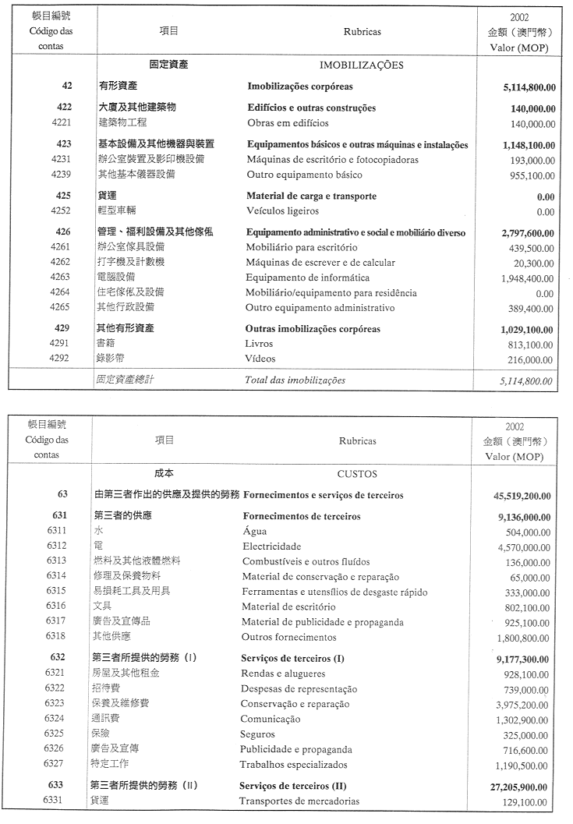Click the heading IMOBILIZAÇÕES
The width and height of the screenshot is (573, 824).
(x=362, y=65)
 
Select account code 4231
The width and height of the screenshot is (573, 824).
(x=60, y=160)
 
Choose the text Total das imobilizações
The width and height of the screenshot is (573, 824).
(x=295, y=380)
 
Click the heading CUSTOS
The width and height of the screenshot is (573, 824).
(x=357, y=474)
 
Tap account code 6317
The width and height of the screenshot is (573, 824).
(x=56, y=622)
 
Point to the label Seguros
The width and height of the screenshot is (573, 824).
(x=258, y=734)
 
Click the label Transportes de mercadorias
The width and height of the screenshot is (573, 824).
(x=299, y=801)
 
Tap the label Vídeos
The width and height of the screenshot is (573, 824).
(x=260, y=359)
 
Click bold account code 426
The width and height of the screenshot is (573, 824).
(x=64, y=232)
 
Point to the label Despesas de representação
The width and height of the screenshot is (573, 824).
(x=299, y=689)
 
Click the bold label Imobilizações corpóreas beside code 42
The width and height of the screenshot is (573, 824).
(x=300, y=87)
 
